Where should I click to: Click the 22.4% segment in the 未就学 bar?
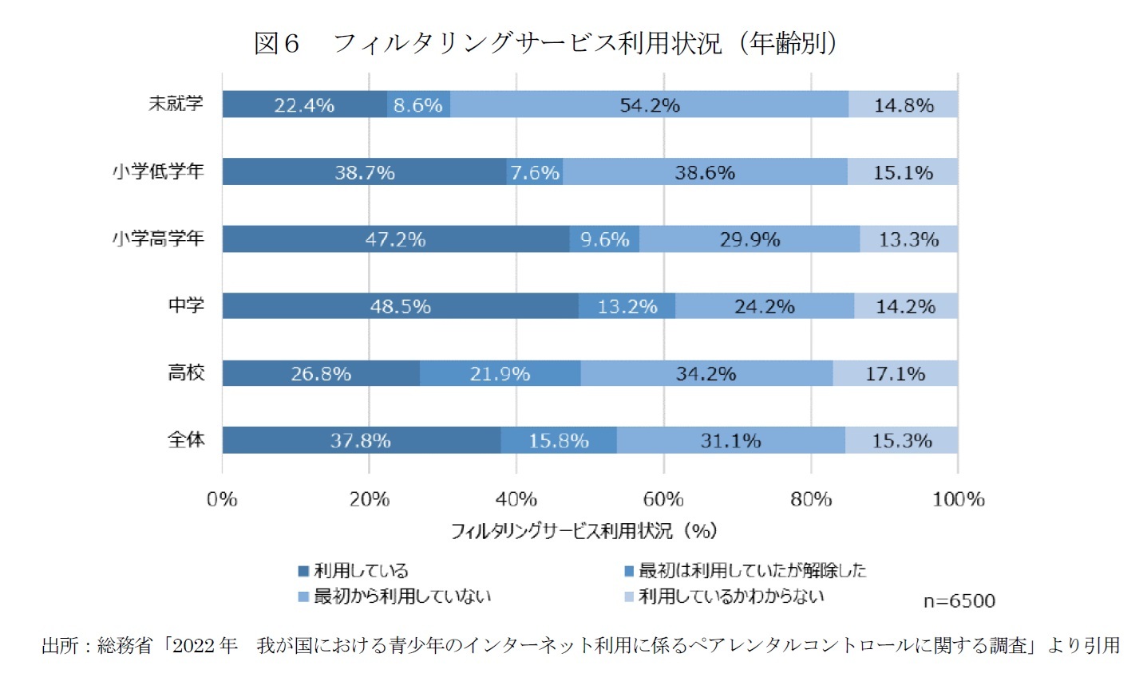(x=304, y=104)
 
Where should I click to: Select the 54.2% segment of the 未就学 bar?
(x=649, y=104)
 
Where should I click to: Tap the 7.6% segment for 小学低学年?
(x=535, y=172)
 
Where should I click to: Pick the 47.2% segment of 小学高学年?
(x=395, y=239)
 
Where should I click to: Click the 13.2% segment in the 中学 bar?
(x=627, y=306)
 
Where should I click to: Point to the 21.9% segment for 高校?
(x=500, y=373)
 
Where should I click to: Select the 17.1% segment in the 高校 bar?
(x=895, y=373)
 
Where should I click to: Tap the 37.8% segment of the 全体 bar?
(x=361, y=440)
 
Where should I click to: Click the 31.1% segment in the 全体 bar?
(x=730, y=440)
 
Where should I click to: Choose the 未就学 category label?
(x=176, y=104)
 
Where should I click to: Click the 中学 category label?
(x=186, y=305)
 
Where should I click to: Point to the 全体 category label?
(x=186, y=439)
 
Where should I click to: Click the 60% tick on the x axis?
(x=663, y=499)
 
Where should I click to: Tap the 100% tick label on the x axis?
(x=958, y=499)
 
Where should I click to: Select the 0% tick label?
(x=222, y=499)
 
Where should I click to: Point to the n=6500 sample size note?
(x=959, y=601)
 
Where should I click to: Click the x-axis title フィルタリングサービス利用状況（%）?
(x=583, y=531)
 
